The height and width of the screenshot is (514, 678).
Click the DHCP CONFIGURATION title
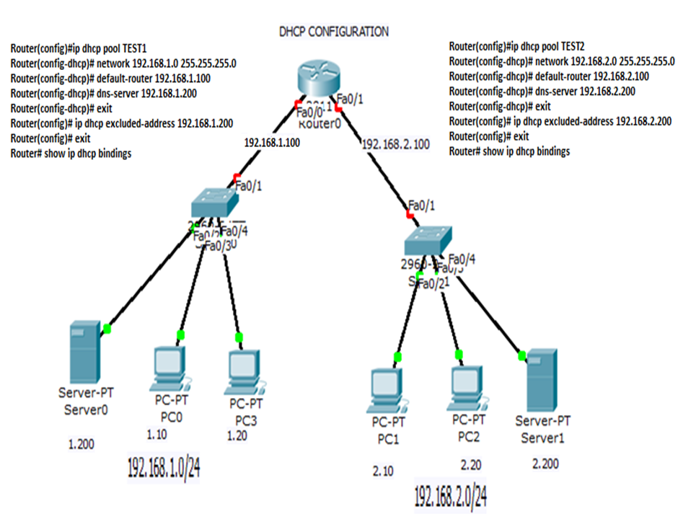(333, 32)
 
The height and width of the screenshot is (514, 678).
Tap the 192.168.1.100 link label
(273, 143)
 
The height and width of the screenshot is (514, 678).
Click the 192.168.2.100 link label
(395, 145)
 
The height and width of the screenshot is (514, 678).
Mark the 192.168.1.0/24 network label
(163, 467)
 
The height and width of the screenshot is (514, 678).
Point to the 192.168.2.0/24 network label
(450, 495)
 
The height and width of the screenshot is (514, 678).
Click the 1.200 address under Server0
(81, 445)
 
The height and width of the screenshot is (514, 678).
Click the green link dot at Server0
(107, 329)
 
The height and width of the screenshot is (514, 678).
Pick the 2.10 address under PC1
(383, 471)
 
